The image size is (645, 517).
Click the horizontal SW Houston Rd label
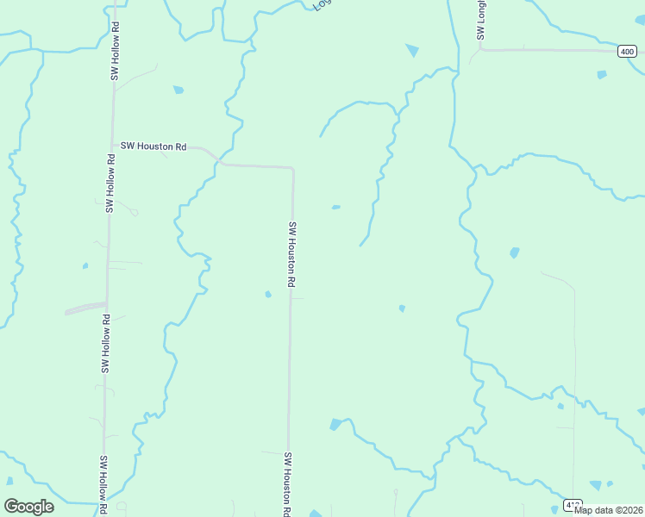point(153,146)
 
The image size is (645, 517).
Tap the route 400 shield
point(628,52)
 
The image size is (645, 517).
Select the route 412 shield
point(573,505)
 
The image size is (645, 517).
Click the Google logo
point(28,507)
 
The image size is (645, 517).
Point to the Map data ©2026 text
point(608,510)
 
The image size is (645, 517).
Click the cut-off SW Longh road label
point(481,20)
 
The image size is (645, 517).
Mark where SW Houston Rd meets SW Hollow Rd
point(112,146)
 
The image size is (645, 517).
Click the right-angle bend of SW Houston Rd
point(293,169)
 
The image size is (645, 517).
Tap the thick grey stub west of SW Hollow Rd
point(85,307)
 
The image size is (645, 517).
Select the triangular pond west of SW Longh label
point(412,51)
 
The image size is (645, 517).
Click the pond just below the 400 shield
point(601,75)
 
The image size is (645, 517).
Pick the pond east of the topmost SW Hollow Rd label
point(178,90)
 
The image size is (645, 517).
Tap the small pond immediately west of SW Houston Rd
point(268,295)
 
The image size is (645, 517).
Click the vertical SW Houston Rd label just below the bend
point(292,254)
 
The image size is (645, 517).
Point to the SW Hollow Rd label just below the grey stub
point(106,343)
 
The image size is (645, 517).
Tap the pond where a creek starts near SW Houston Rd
point(335,424)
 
